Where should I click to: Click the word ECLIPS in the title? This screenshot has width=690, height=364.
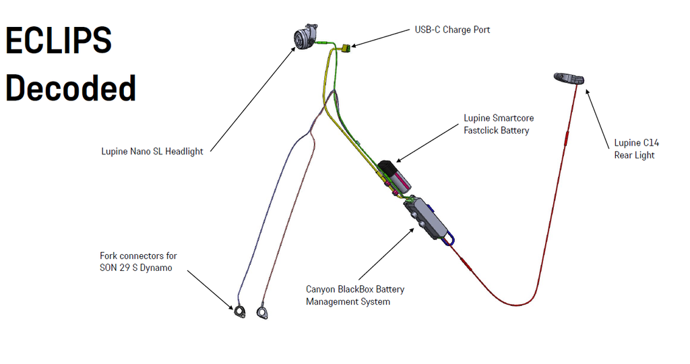[59, 42]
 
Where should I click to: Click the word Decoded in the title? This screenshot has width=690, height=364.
[71, 88]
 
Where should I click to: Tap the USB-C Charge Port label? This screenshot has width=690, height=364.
[451, 30]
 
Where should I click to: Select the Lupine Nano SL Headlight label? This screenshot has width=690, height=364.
[152, 152]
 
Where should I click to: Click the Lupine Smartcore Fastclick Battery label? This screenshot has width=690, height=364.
[499, 124]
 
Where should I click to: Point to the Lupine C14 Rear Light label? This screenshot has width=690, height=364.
[636, 149]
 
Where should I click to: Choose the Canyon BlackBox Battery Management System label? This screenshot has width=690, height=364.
[355, 295]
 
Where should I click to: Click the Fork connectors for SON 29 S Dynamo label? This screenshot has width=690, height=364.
[138, 262]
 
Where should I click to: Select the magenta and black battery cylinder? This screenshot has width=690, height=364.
[395, 177]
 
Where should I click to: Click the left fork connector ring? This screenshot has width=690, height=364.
[240, 311]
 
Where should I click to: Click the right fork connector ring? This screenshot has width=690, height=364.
[262, 312]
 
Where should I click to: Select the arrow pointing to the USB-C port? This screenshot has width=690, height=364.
[380, 38]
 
